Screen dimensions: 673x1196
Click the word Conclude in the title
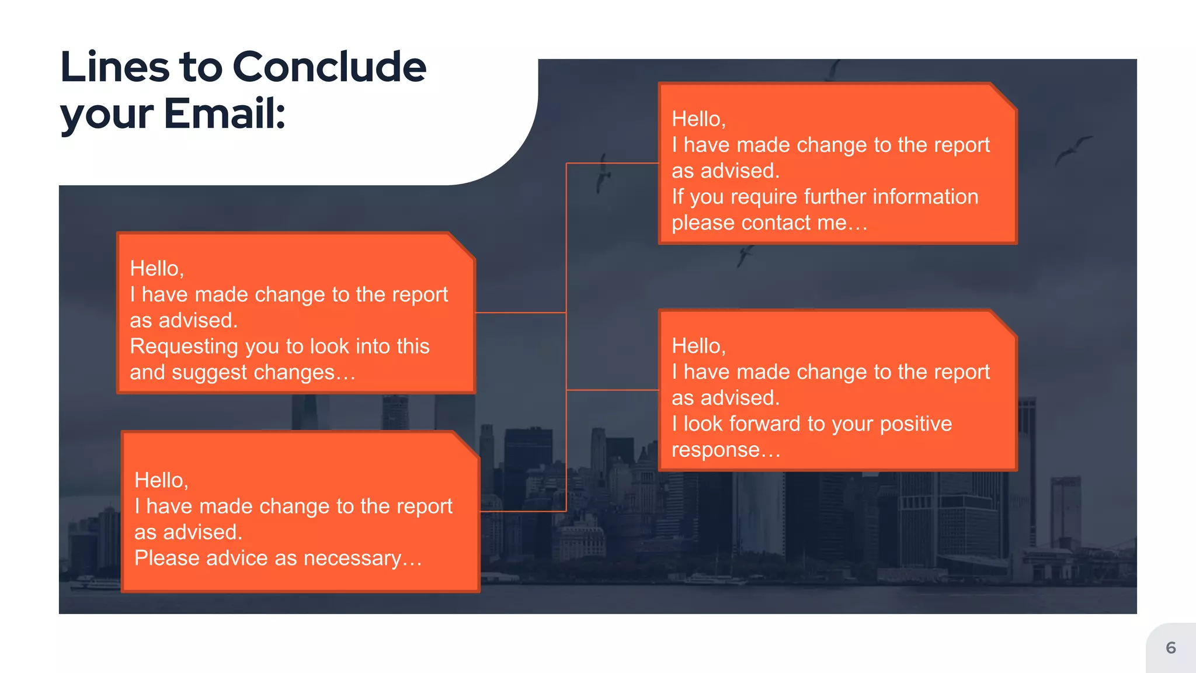click(x=329, y=67)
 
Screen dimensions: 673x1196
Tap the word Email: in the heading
click(x=225, y=113)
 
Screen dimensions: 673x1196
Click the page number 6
click(x=1170, y=648)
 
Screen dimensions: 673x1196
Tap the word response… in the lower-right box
click(x=726, y=450)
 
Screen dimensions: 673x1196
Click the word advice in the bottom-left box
click(x=237, y=558)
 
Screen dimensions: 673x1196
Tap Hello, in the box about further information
click(x=698, y=119)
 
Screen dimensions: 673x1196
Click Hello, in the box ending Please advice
click(x=161, y=480)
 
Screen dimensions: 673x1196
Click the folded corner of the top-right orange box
click(x=1003, y=96)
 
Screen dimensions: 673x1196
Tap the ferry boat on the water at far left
click(x=93, y=582)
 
